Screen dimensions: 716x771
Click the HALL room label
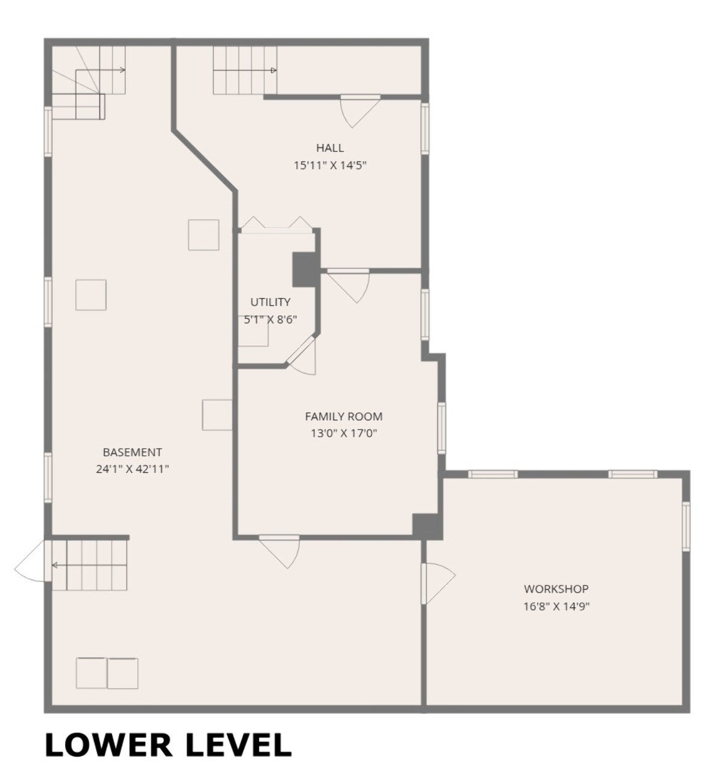(x=329, y=148)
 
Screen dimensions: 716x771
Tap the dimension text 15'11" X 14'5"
(x=330, y=166)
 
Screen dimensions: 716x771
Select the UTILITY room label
(x=270, y=302)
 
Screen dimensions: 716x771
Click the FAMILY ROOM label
(x=344, y=417)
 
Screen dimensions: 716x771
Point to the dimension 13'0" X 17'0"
(x=344, y=433)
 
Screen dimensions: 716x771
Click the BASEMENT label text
(x=132, y=452)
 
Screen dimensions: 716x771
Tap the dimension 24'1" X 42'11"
(x=132, y=469)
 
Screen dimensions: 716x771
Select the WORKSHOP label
(x=556, y=589)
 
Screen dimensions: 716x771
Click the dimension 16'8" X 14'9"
(x=556, y=607)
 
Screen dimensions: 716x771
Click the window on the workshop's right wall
(x=686, y=526)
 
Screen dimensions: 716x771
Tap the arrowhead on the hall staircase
(x=273, y=70)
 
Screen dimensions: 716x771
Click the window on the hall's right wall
(x=425, y=128)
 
